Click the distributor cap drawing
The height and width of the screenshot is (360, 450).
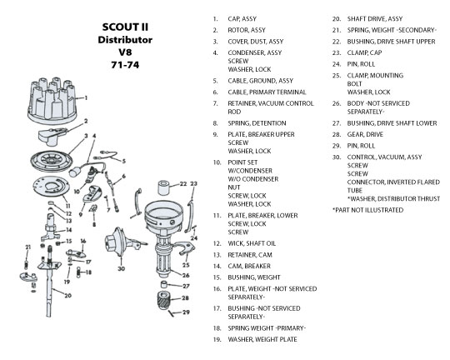point(52,101)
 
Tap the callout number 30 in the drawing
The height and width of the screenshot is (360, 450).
point(122,268)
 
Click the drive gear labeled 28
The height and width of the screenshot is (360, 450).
point(164,300)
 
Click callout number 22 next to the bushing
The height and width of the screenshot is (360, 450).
point(183,183)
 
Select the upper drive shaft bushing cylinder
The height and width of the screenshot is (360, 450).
point(164,187)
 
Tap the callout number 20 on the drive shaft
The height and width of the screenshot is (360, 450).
point(67,295)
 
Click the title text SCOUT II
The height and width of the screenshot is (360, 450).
point(125,27)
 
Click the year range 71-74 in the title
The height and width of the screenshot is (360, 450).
point(125,65)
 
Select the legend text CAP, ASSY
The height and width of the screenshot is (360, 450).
point(242,19)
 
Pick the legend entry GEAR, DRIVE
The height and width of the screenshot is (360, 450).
point(365,134)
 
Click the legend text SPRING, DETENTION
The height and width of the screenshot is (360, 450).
point(257,123)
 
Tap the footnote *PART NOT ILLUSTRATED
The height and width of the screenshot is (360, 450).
point(368,210)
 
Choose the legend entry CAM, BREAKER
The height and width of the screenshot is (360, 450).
point(249,266)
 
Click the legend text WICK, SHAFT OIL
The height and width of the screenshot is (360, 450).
point(252,243)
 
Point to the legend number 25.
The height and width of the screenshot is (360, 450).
point(337,76)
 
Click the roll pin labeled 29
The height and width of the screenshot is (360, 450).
point(172,313)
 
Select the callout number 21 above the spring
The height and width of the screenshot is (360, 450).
point(27,247)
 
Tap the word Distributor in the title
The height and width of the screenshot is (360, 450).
point(125,40)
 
